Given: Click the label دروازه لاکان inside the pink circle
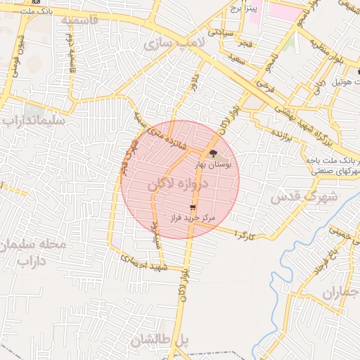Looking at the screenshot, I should coord(178,186).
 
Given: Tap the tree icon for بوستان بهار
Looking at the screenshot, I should coord(212,153).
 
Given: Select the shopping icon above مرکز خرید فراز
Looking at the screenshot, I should coord(193,207).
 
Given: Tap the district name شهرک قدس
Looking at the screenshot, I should coord(304,196).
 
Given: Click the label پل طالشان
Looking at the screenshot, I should coord(160,340).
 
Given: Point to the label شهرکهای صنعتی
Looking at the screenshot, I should coord(336,172).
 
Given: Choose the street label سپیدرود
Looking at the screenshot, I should coord(155,231).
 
